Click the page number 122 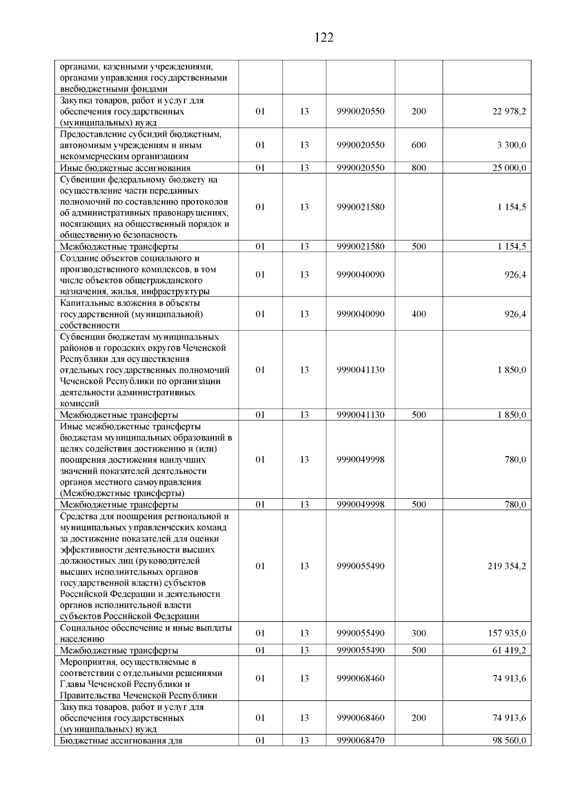(324, 38)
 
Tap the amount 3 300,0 (511, 145)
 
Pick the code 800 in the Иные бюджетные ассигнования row (419, 168)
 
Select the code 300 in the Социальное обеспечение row (419, 634)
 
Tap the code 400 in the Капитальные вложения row (419, 314)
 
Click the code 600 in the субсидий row (419, 145)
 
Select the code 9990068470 (360, 741)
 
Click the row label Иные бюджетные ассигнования (125, 168)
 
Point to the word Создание (78, 258)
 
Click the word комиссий (80, 404)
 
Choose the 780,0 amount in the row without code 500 (515, 460)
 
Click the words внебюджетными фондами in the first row (114, 89)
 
